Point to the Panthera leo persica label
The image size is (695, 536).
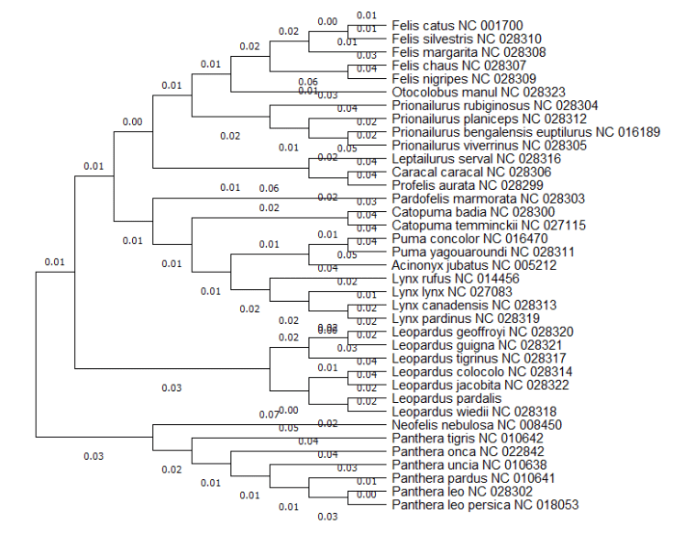(x=485, y=505)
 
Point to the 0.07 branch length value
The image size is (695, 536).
(x=268, y=415)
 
